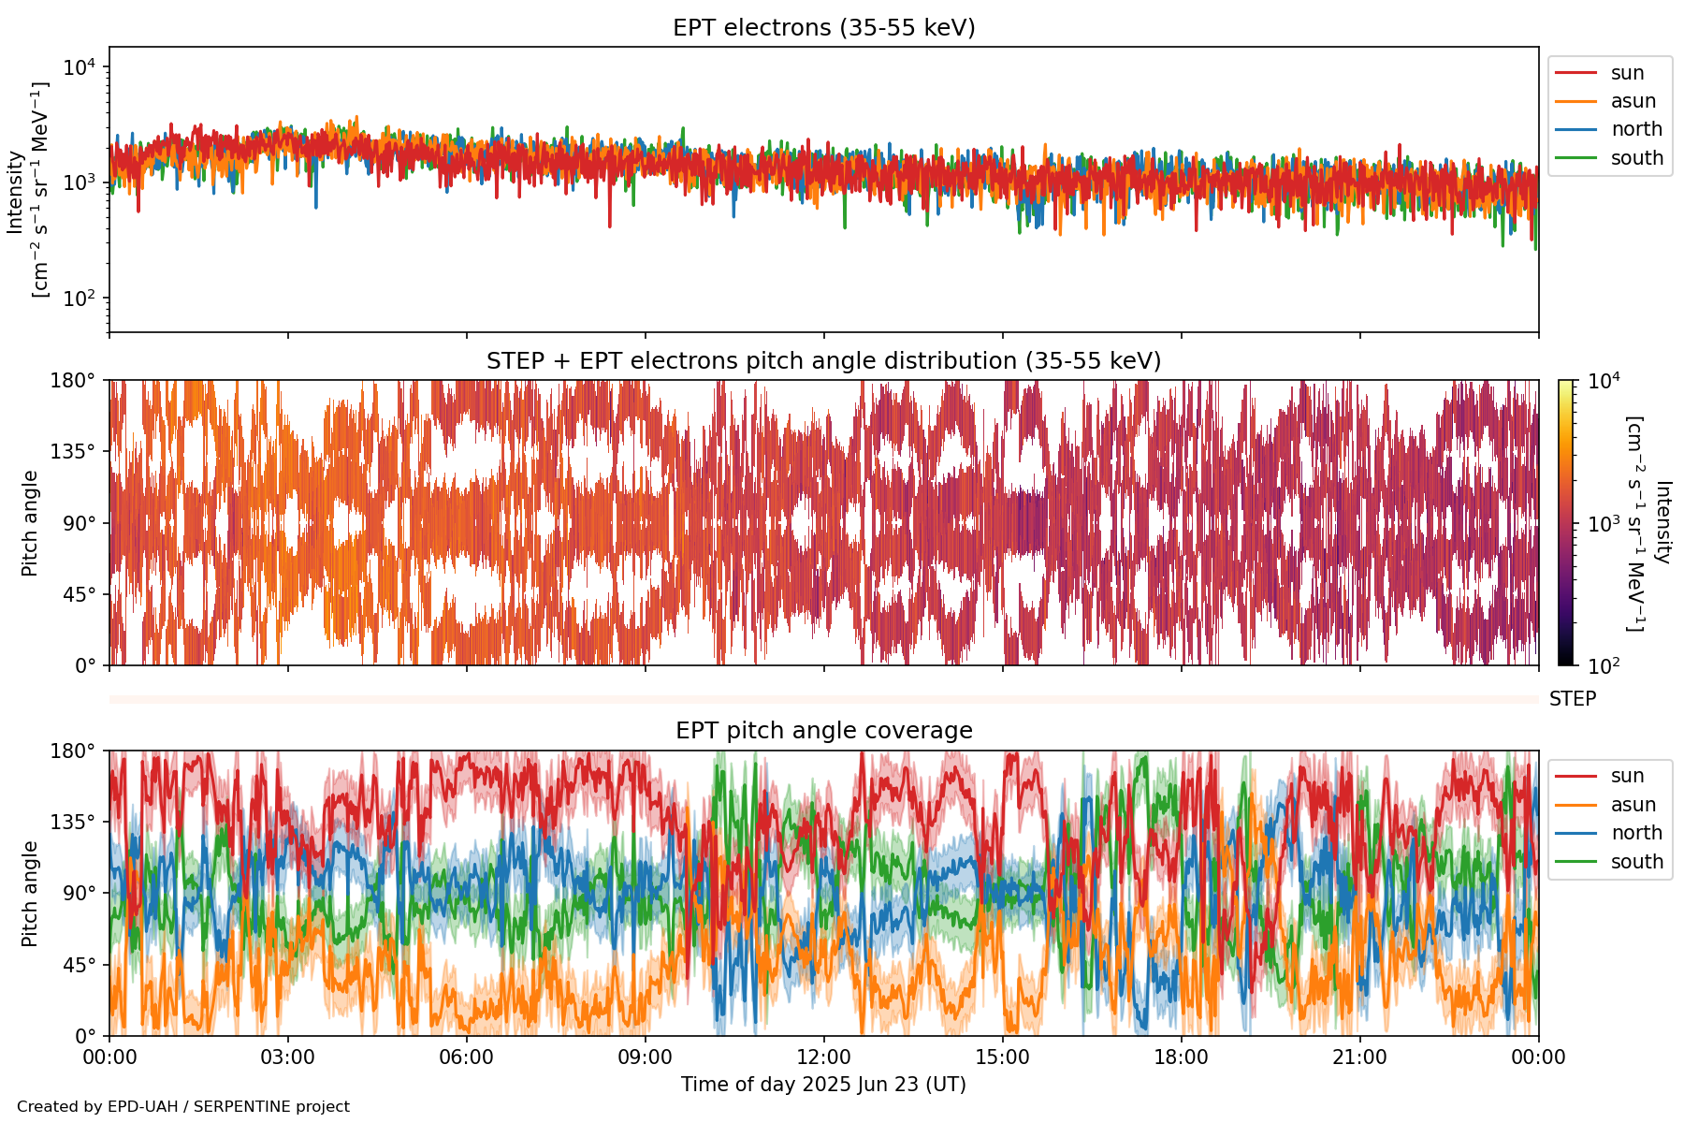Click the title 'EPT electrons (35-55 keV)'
(823, 28)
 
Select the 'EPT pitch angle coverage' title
(823, 731)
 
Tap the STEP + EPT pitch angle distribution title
(823, 361)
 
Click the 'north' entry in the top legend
(1635, 129)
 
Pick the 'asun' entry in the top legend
(1633, 101)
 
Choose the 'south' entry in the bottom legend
(1636, 862)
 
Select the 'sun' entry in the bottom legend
(1627, 776)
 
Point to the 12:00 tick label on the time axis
(823, 1057)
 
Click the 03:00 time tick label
(287, 1057)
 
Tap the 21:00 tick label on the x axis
(1359, 1057)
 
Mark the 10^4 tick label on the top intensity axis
(79, 67)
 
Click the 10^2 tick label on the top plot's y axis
(79, 299)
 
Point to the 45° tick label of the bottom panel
(79, 965)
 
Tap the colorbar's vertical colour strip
(1565, 522)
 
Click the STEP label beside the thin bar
(1572, 699)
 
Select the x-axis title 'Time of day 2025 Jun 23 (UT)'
(823, 1085)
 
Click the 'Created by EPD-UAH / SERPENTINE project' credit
(183, 1107)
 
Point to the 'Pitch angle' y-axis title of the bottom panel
(31, 894)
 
